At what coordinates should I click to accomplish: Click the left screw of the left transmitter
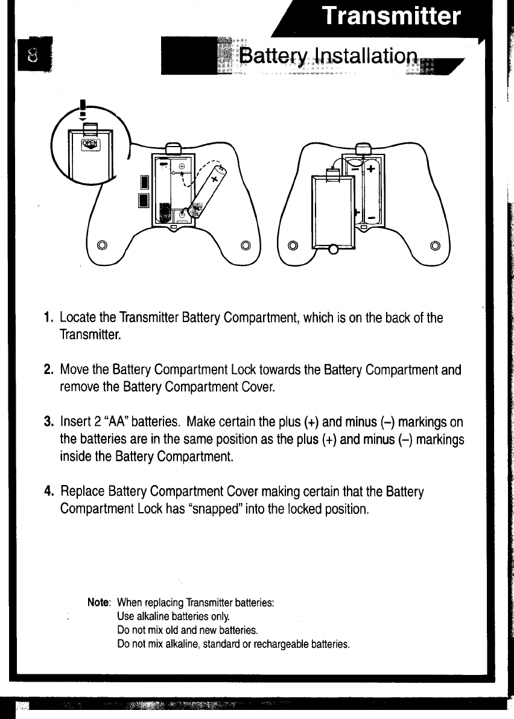click(102, 245)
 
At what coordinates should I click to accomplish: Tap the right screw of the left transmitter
click(246, 245)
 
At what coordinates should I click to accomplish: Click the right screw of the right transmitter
click(436, 245)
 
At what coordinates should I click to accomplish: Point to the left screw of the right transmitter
click(293, 245)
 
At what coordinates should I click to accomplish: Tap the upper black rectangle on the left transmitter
click(144, 182)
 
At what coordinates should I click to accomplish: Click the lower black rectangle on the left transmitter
click(144, 200)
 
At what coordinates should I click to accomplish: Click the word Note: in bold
click(99, 603)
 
